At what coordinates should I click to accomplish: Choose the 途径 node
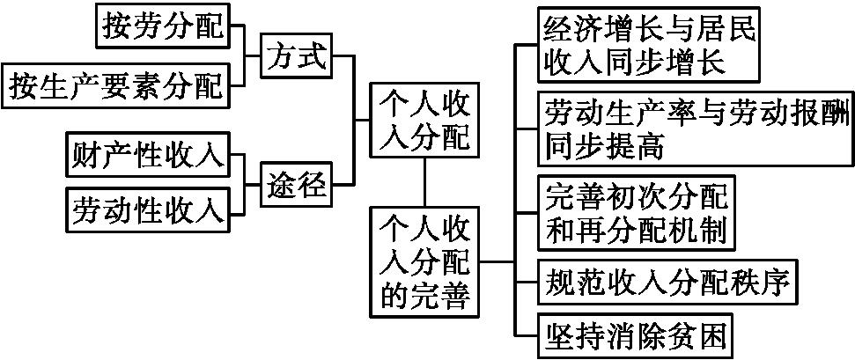click(297, 184)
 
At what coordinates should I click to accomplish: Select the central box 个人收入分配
click(424, 121)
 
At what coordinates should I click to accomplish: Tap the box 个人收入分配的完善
click(424, 261)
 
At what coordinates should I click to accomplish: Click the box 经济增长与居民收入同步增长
click(648, 46)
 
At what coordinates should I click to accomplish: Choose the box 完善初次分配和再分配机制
click(636, 212)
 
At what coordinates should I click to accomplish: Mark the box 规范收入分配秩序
click(667, 283)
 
